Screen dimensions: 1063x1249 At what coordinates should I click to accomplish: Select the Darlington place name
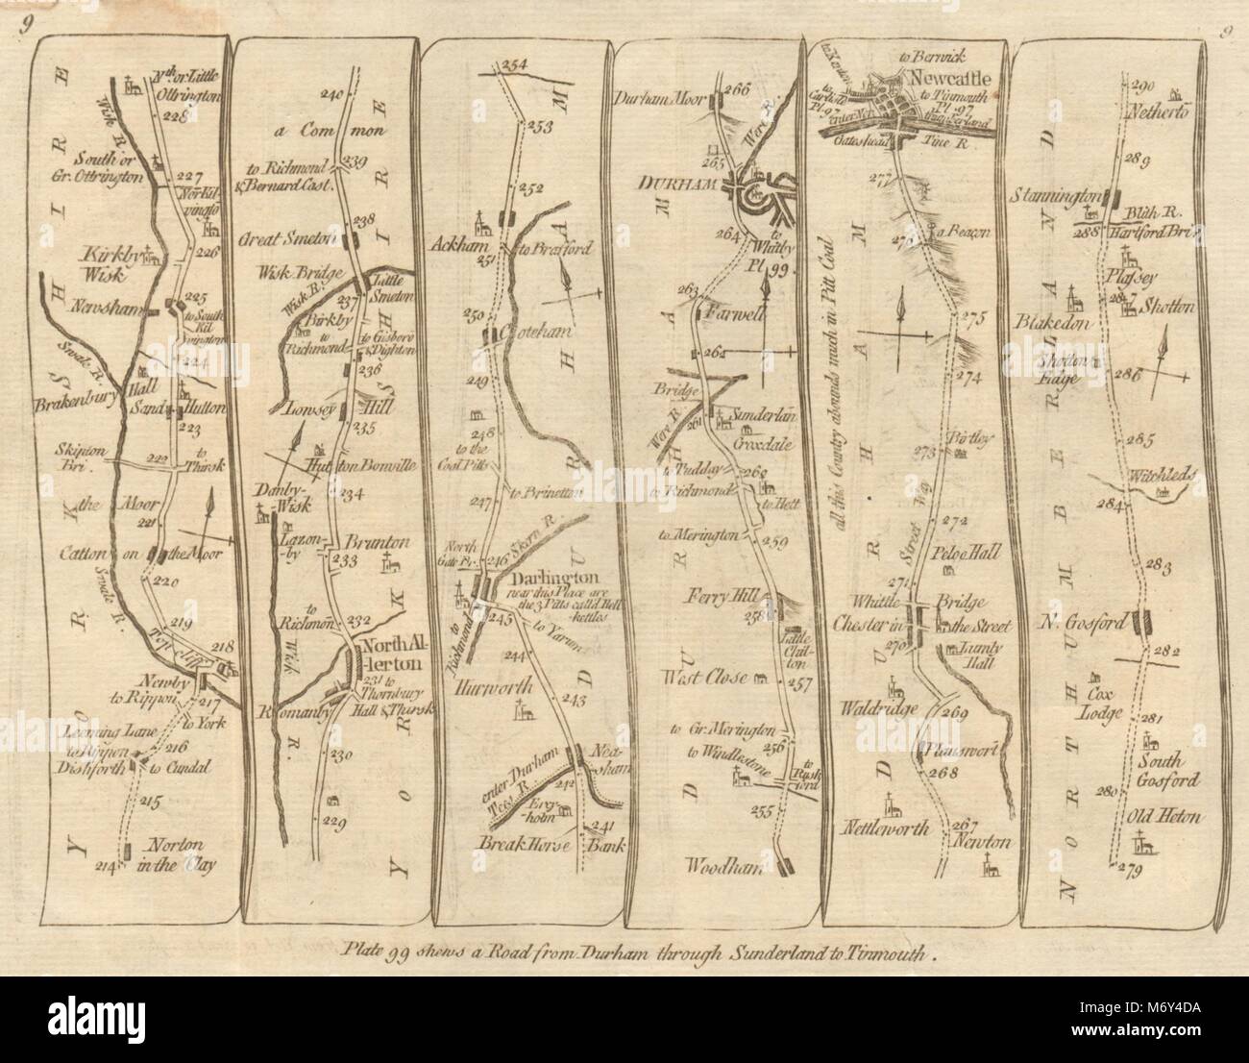tap(551, 580)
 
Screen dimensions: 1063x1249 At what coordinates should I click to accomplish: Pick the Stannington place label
tap(1054, 196)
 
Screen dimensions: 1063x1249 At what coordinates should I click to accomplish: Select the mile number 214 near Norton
tap(110, 870)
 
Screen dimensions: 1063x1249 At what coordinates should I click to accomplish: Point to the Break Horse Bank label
tap(551, 847)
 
